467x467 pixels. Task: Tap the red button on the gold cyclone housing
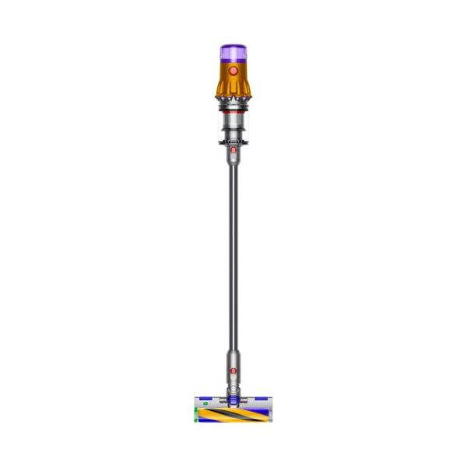click(x=233, y=70)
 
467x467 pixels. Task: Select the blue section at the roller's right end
click(x=262, y=410)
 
